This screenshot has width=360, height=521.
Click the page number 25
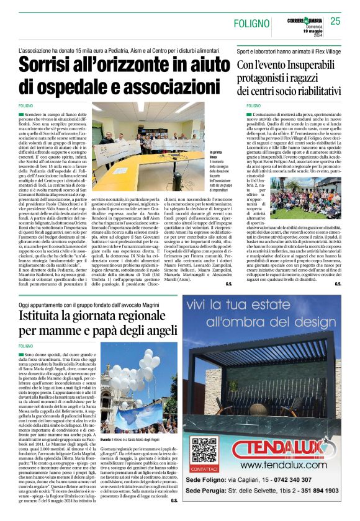point(335,22)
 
